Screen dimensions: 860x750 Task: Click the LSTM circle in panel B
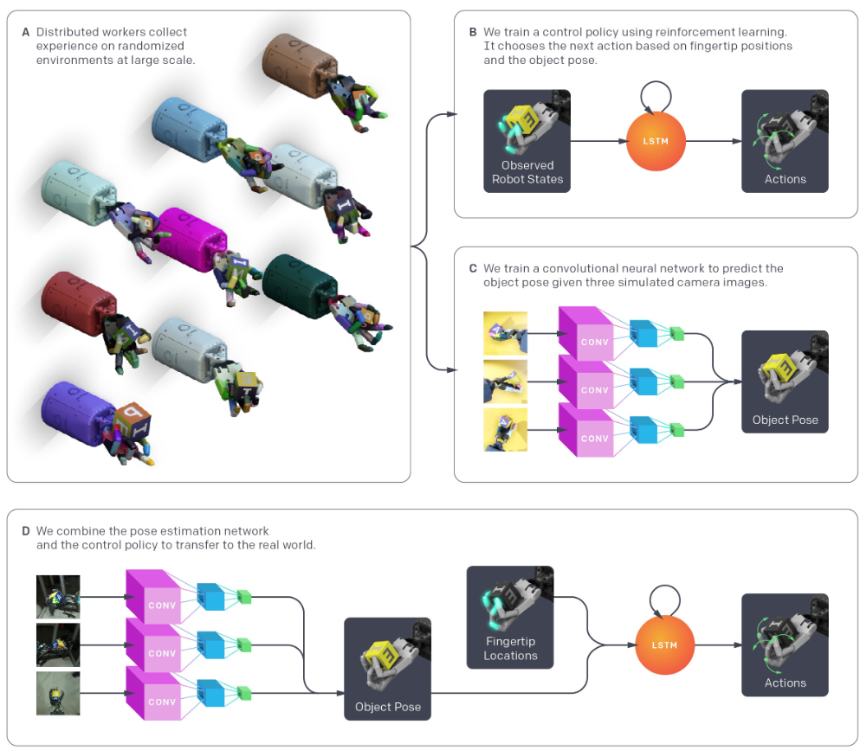click(x=656, y=141)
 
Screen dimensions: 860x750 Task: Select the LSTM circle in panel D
click(x=664, y=645)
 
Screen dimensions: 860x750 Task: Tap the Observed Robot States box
click(x=527, y=141)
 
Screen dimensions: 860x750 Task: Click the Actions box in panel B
click(x=785, y=141)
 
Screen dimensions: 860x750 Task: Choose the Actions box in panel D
click(x=785, y=644)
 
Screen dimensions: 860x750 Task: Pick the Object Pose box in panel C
click(x=785, y=381)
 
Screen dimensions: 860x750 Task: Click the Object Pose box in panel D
click(x=387, y=669)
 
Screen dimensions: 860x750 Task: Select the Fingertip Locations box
click(x=510, y=618)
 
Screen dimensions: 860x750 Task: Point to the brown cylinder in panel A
click(x=299, y=66)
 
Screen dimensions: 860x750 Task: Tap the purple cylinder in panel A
click(x=79, y=414)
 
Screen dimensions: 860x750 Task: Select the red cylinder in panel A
click(x=79, y=304)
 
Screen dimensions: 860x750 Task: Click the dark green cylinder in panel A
click(x=300, y=286)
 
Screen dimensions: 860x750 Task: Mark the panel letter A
click(x=25, y=32)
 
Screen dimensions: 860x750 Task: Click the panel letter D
click(x=25, y=531)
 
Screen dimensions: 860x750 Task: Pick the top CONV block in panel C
click(x=585, y=333)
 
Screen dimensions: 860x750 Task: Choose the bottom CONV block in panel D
click(x=153, y=693)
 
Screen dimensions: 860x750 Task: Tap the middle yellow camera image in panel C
click(x=505, y=381)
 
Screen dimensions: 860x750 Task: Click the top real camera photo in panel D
click(x=58, y=597)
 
